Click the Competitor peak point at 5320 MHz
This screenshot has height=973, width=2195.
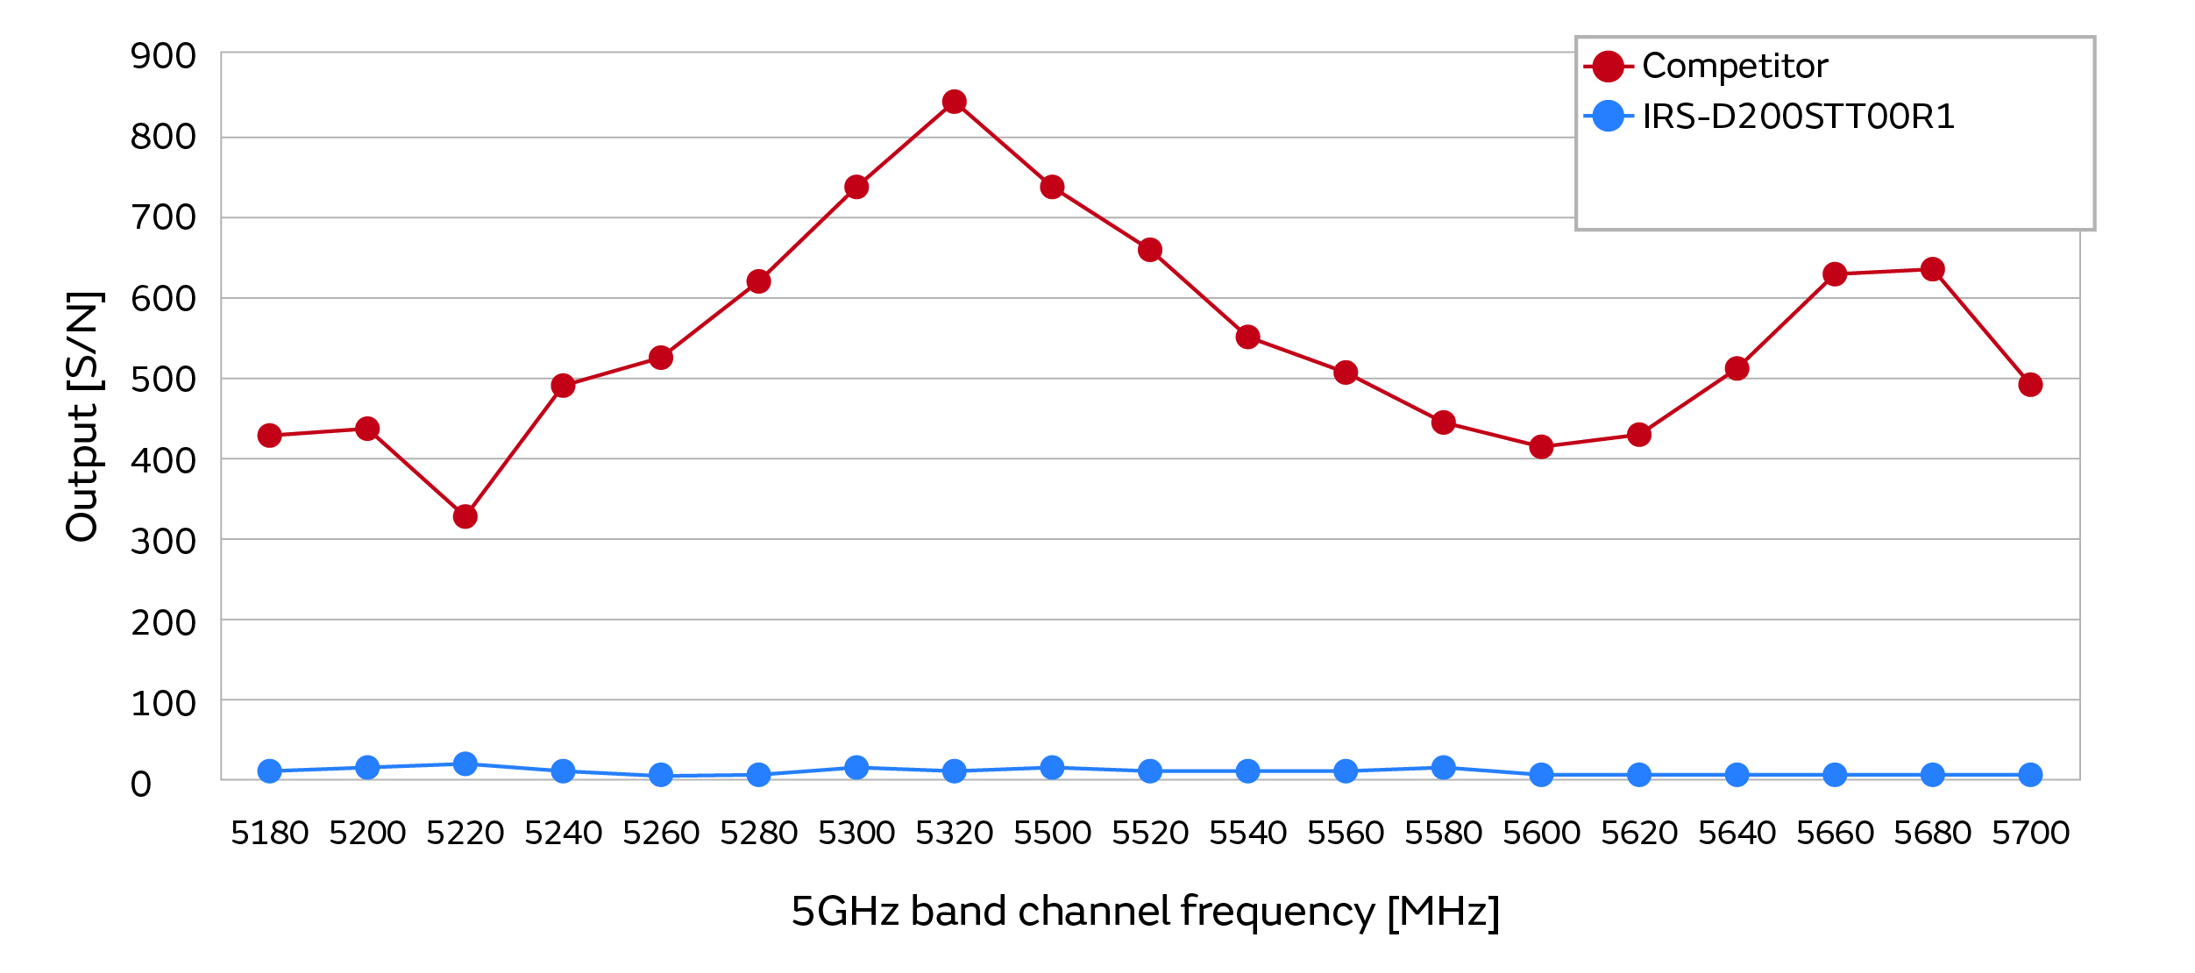point(955,102)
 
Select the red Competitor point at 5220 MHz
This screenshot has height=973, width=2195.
point(465,516)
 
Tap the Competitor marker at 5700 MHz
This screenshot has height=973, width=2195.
point(2030,385)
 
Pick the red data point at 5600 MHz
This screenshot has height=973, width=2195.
point(1541,447)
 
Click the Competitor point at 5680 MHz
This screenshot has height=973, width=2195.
point(1932,269)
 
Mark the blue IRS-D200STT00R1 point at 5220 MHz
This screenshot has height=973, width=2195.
point(465,763)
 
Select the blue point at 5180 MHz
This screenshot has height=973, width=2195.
point(270,771)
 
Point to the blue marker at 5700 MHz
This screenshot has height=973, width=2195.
point(2030,775)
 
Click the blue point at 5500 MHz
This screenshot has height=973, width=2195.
point(1052,768)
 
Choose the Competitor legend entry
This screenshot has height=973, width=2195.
point(1734,66)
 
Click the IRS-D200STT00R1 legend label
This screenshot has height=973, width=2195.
point(1798,117)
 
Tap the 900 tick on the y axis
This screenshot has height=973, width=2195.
point(163,56)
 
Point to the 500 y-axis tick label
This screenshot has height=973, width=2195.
point(163,380)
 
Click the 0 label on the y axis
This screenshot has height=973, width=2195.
point(141,785)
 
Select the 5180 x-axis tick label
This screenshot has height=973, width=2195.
point(270,833)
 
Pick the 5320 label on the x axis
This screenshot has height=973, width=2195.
point(955,833)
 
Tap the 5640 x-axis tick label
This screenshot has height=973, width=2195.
point(1737,833)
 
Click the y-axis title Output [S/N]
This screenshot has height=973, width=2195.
point(83,416)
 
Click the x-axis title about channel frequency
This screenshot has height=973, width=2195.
point(1145,912)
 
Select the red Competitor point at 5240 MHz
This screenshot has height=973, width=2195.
point(563,386)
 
